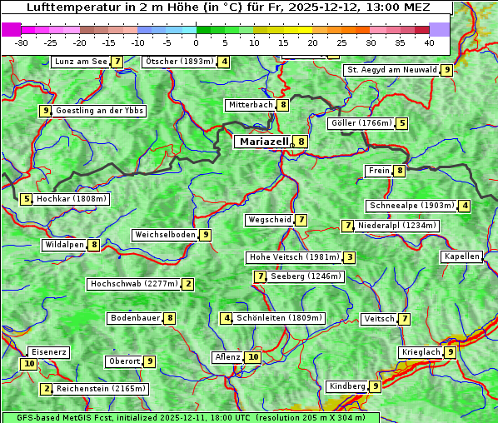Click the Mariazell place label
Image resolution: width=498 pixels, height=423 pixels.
click(x=263, y=142)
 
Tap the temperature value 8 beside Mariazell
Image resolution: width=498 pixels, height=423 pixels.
click(x=301, y=142)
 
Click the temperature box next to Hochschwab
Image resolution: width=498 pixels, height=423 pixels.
click(x=188, y=284)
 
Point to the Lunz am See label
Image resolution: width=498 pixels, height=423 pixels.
click(x=81, y=62)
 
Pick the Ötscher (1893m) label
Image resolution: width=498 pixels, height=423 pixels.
click(x=179, y=62)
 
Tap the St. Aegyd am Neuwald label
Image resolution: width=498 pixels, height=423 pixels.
click(x=391, y=70)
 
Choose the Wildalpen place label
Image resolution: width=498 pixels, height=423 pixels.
click(x=65, y=245)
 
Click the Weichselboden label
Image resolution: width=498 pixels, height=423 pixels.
click(x=165, y=235)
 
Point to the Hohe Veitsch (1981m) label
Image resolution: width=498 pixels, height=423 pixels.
click(x=295, y=257)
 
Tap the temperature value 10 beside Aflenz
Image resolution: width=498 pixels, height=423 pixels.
click(x=253, y=357)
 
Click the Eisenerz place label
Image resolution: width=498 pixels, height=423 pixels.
click(x=47, y=352)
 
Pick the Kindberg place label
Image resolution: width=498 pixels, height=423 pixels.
click(x=347, y=386)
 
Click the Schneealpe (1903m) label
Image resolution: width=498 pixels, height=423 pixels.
click(x=411, y=206)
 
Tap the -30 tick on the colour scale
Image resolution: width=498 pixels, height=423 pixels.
click(x=22, y=42)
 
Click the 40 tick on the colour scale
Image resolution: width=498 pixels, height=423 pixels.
click(x=429, y=42)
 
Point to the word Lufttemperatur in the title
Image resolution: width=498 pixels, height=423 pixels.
click(x=67, y=7)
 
